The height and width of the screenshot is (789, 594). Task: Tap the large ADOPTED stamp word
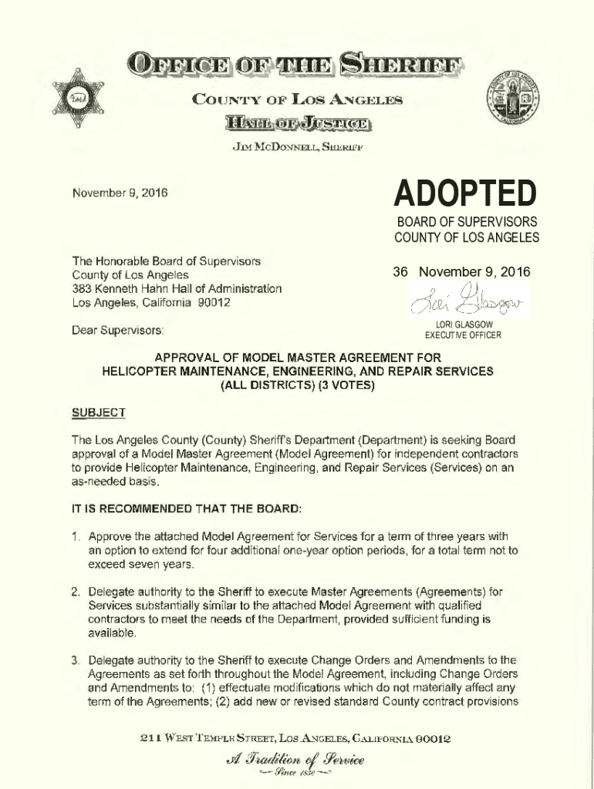464,194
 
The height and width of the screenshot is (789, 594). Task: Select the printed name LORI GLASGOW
463,325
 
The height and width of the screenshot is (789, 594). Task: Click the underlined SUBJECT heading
98,413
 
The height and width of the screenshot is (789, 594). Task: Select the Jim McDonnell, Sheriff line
297,147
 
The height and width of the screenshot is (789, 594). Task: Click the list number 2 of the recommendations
76,592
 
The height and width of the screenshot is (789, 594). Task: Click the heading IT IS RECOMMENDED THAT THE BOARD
187,509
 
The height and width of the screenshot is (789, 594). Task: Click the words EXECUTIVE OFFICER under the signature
463,335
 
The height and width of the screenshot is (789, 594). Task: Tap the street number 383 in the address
82,288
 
